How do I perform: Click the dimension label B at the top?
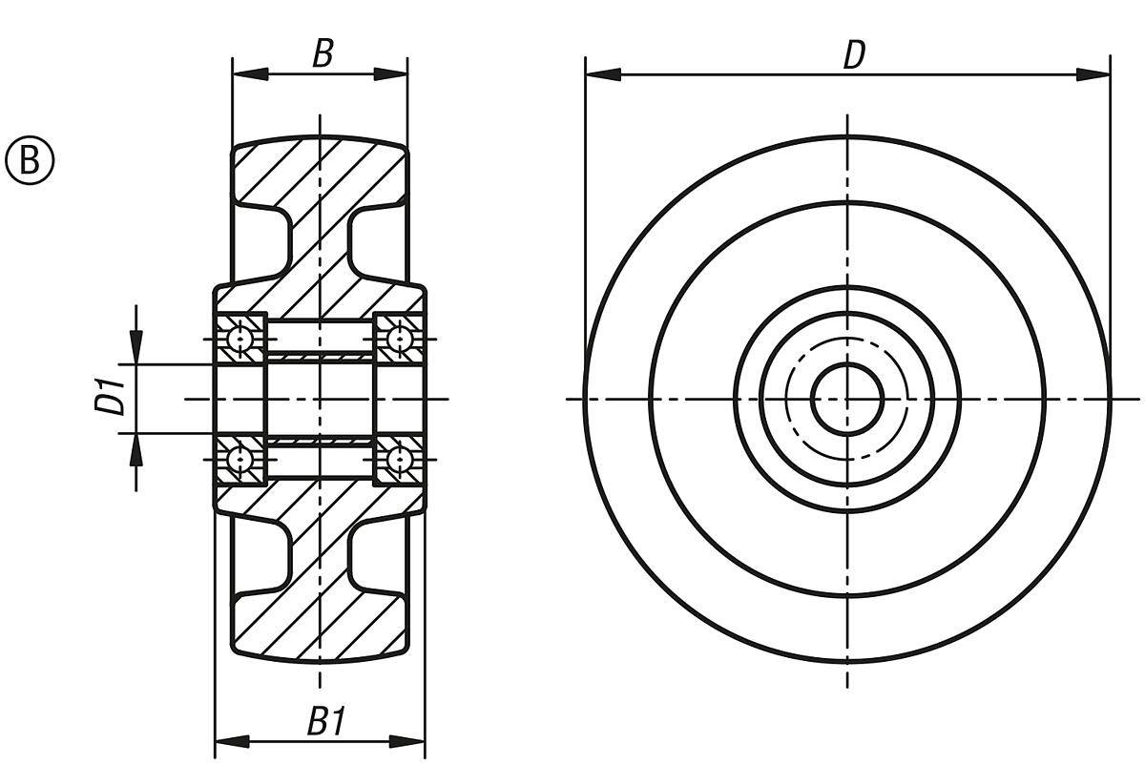tap(323, 53)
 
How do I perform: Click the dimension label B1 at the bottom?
tap(325, 722)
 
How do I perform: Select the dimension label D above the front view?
tap(853, 55)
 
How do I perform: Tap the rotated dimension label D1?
tap(111, 398)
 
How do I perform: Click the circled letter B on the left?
tap(31, 160)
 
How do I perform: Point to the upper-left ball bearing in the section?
tap(241, 339)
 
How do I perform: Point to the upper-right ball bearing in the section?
tap(399, 339)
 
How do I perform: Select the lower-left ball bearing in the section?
tap(241, 459)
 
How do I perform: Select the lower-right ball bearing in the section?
tap(399, 459)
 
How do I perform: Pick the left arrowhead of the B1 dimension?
tap(231, 741)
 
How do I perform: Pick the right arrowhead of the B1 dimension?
tap(408, 741)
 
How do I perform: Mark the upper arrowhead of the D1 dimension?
tap(136, 347)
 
